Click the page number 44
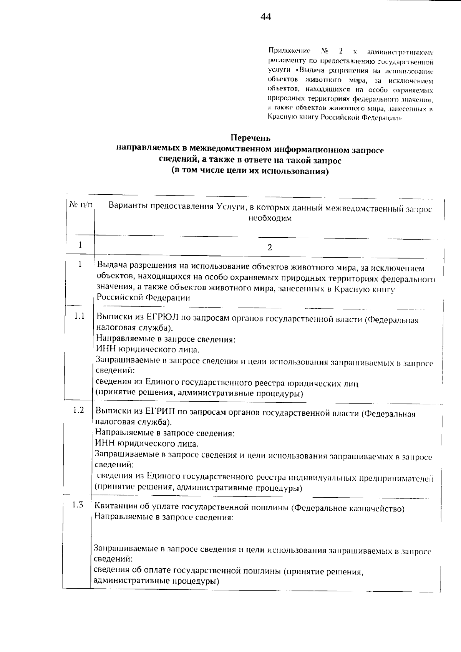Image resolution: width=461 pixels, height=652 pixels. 265,17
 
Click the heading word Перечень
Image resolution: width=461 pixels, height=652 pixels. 250,137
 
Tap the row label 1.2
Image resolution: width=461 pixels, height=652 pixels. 79,410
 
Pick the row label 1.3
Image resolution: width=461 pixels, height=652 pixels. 78,505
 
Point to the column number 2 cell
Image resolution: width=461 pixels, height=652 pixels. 270,248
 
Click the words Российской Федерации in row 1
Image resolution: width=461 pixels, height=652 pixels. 143,298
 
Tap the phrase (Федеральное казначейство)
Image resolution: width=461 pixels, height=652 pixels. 348,508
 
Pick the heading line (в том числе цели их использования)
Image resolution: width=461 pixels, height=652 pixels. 250,171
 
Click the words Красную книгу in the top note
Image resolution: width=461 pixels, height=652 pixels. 290,118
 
